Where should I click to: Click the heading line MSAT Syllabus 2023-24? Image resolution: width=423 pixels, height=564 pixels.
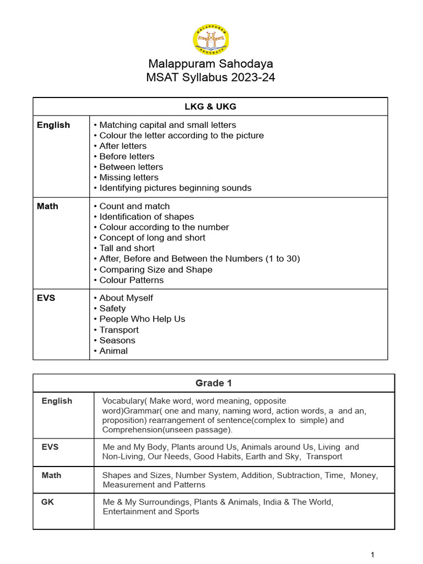[x=211, y=77]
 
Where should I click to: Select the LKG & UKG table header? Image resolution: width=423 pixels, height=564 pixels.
[x=211, y=106]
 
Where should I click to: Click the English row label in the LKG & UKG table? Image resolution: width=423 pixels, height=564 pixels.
[x=53, y=125]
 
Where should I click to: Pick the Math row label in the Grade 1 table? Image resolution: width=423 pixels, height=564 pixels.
[x=51, y=475]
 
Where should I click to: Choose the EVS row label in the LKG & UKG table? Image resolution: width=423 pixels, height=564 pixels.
[x=47, y=298]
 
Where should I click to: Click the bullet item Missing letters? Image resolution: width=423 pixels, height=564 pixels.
[x=128, y=177]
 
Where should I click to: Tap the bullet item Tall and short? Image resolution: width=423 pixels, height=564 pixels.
[x=127, y=248]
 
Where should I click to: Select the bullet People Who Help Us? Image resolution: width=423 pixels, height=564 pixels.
[x=142, y=319]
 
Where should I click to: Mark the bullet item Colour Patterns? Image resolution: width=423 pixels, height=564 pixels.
[x=131, y=280]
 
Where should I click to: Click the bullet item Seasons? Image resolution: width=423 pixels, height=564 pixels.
[x=117, y=340]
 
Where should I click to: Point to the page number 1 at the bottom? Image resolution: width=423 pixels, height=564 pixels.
[x=373, y=555]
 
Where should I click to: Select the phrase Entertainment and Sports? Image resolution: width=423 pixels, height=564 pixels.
[x=151, y=512]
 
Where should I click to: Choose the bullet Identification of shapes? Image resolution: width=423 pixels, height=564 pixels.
[x=146, y=216]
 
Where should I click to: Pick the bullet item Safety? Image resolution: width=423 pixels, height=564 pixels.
[x=112, y=308]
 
